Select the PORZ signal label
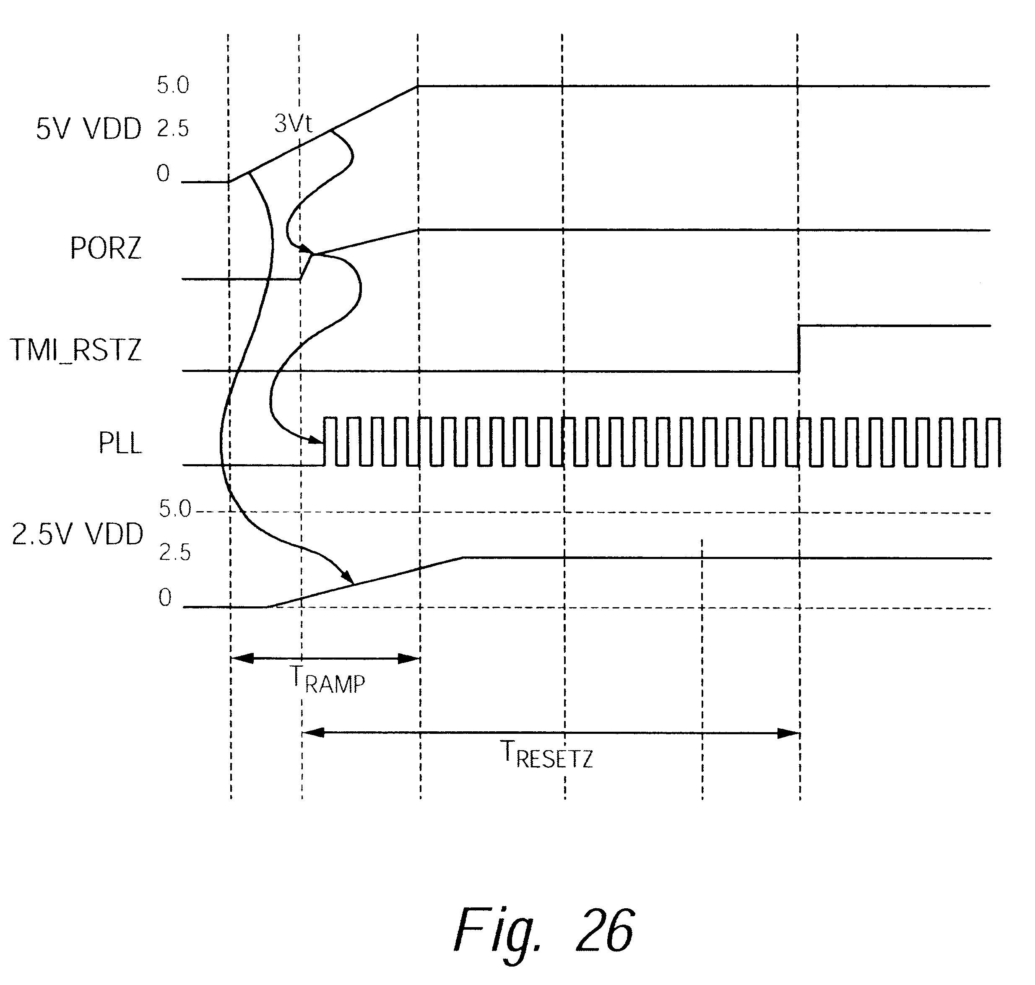106,248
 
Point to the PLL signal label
120,444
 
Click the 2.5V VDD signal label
78,535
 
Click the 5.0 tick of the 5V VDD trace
173,85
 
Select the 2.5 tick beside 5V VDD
173,129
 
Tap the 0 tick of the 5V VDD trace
163,173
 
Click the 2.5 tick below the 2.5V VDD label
175,553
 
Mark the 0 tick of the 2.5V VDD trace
165,598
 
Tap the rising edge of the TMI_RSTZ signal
799,348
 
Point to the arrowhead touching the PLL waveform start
315,439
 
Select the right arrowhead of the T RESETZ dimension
789,733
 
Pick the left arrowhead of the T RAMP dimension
242,658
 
